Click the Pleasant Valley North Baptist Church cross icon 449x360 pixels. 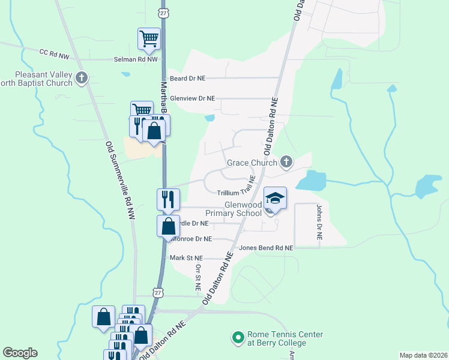click(82, 77)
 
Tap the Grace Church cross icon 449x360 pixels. click(287, 161)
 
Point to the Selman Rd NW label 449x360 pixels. click(136, 59)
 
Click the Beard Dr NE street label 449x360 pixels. click(188, 78)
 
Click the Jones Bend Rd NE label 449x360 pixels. click(266, 248)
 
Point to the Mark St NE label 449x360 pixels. click(186, 258)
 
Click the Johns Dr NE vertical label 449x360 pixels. click(319, 223)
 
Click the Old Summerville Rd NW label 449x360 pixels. click(118, 179)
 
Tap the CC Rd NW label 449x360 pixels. click(55, 53)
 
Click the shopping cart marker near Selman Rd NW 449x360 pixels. click(149, 39)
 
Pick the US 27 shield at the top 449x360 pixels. click(163, 13)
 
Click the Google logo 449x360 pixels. click(20, 353)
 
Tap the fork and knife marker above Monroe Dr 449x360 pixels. click(168, 199)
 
